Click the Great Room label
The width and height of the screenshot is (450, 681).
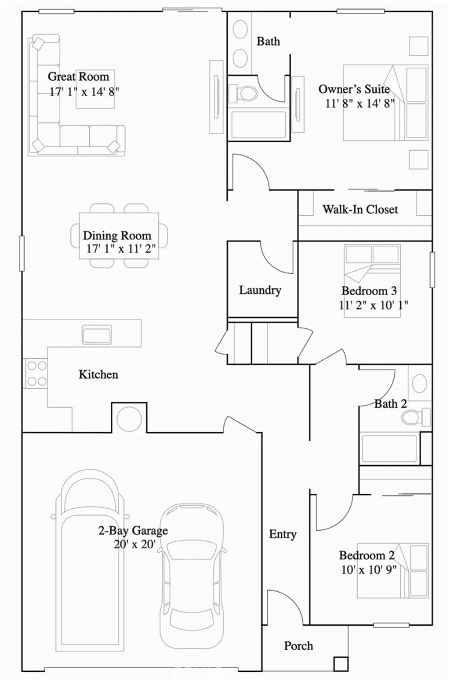78,76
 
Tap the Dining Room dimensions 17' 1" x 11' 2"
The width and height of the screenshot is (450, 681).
121,249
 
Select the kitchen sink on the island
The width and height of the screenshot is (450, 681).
97,334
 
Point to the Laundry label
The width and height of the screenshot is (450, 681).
260,290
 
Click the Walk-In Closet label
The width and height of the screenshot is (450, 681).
360,209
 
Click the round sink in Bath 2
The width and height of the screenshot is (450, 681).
420,383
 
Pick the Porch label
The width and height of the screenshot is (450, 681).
298,646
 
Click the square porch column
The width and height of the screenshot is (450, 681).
341,663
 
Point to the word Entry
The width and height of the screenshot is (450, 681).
283,534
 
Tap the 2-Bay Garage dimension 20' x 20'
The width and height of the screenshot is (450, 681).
134,544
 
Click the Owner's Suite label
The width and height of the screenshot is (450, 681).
354,89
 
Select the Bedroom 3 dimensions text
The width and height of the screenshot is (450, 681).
373,305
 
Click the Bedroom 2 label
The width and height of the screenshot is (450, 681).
367,555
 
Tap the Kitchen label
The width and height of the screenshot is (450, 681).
98,374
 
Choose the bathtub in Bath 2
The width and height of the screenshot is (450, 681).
388,449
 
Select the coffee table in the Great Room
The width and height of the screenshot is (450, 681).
95,89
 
